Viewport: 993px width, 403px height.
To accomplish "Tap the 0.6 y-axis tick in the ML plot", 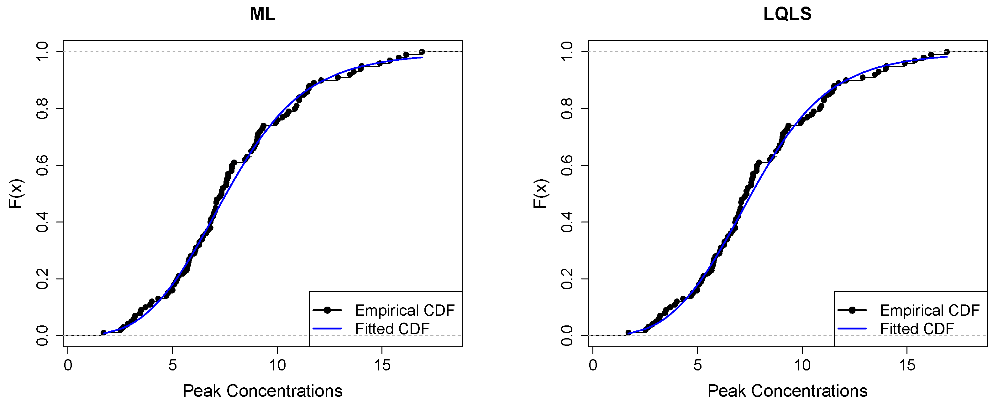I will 42,165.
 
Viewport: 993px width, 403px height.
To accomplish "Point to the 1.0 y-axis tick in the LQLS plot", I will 567,52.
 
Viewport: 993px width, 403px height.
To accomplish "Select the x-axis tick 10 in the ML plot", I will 277,365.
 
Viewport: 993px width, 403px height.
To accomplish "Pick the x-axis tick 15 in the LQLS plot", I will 907,365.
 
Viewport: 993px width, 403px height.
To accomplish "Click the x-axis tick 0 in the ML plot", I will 68,365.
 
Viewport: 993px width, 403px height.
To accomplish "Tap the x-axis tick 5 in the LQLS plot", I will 697,365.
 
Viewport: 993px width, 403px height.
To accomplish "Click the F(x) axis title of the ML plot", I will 16,194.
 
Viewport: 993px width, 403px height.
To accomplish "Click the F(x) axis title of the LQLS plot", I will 541,194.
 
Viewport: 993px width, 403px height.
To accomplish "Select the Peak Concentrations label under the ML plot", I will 263,391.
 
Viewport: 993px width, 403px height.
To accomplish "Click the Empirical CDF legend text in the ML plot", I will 404,310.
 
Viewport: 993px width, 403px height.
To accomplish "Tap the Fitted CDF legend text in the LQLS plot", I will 917,329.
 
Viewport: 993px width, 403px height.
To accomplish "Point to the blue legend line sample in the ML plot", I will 327,329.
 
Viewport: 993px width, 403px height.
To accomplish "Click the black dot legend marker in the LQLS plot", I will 852,310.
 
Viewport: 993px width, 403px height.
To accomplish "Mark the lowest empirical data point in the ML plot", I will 103,333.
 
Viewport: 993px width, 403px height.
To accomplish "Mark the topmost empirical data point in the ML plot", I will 422,52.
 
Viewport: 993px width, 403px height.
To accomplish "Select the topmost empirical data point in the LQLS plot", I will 947,52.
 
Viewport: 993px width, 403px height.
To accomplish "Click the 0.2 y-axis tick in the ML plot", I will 42,279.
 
